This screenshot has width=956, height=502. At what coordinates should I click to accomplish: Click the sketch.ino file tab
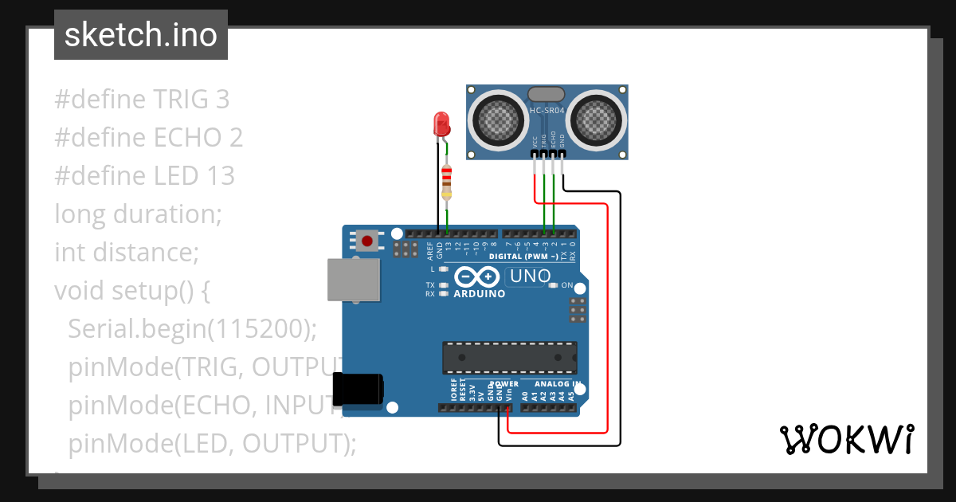tap(140, 35)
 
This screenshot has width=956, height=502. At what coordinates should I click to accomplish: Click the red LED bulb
tap(441, 124)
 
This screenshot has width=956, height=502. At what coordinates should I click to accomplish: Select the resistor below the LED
tap(446, 182)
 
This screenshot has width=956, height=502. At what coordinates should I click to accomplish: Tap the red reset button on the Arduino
tap(367, 240)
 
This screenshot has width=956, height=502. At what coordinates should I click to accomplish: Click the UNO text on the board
tap(531, 276)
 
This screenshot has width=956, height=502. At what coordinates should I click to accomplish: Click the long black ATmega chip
tap(510, 357)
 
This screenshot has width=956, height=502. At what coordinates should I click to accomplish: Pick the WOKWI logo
tap(846, 439)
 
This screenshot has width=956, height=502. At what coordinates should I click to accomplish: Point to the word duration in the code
tap(167, 214)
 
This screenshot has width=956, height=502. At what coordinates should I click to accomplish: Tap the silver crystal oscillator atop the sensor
tap(547, 95)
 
